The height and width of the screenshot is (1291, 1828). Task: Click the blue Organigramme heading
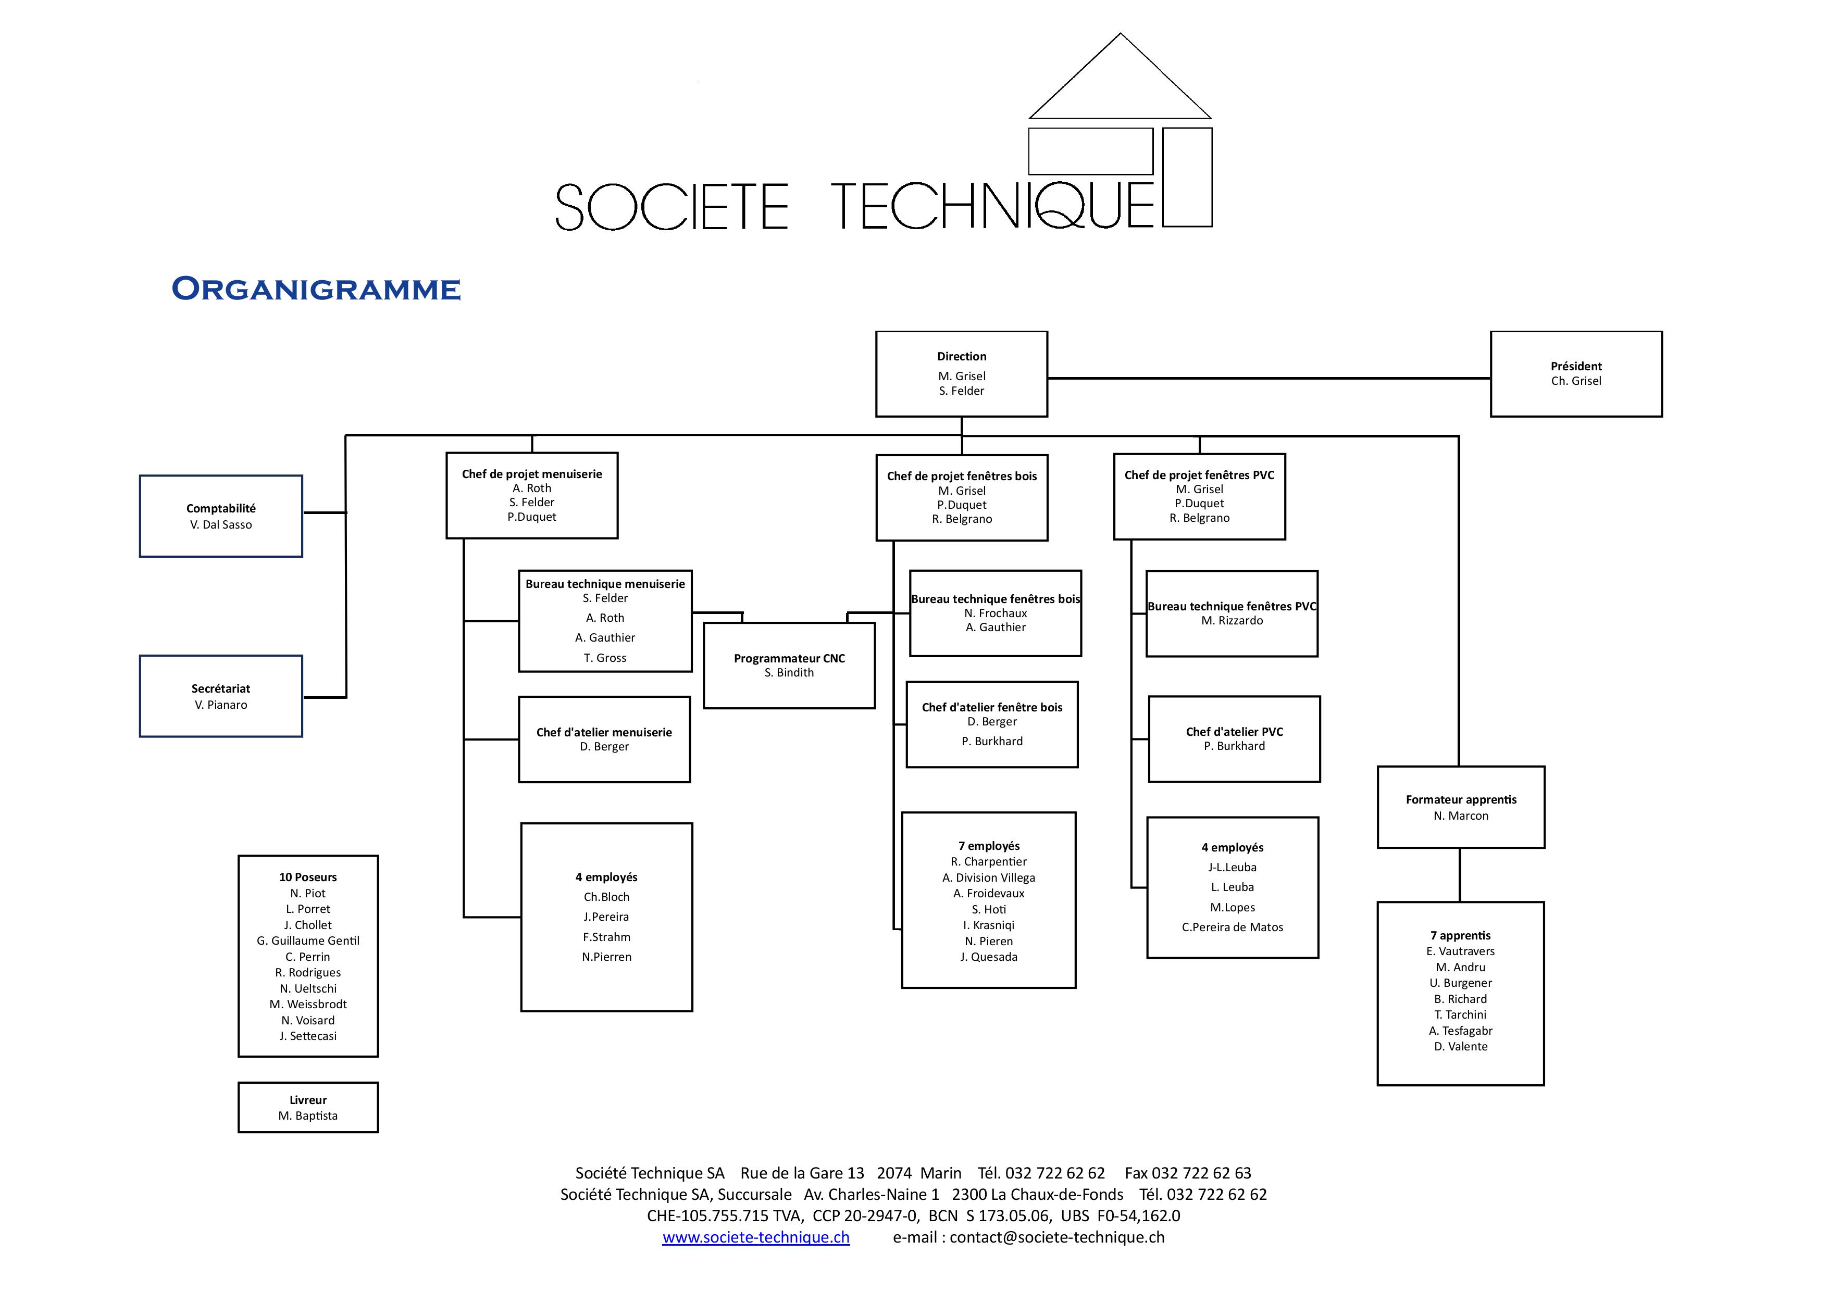tap(316, 289)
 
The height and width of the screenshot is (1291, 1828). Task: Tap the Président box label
tap(1576, 366)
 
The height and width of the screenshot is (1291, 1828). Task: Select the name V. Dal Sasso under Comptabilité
tap(220, 524)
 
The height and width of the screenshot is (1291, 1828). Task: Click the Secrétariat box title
tap(220, 688)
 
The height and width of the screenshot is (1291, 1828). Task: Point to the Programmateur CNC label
tap(789, 658)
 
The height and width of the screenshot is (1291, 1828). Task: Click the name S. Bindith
tap(789, 672)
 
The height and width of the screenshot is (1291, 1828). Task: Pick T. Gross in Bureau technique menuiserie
tap(605, 657)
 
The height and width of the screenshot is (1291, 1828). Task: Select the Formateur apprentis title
tap(1461, 799)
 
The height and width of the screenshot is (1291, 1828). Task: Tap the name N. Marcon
tap(1461, 816)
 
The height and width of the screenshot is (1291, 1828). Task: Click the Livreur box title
tap(308, 1100)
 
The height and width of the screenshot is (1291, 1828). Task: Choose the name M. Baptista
tap(308, 1116)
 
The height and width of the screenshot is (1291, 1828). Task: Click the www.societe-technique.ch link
tap(755, 1238)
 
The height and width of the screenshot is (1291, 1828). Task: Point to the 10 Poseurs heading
tap(308, 877)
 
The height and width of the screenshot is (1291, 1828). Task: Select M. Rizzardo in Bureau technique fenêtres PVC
tap(1232, 621)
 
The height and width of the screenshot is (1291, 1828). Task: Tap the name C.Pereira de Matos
tap(1233, 927)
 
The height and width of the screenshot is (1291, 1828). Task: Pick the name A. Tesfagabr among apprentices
tap(1461, 1031)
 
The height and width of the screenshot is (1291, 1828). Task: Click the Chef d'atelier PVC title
tap(1234, 732)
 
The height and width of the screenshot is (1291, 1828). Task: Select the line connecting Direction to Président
tap(1269, 378)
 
